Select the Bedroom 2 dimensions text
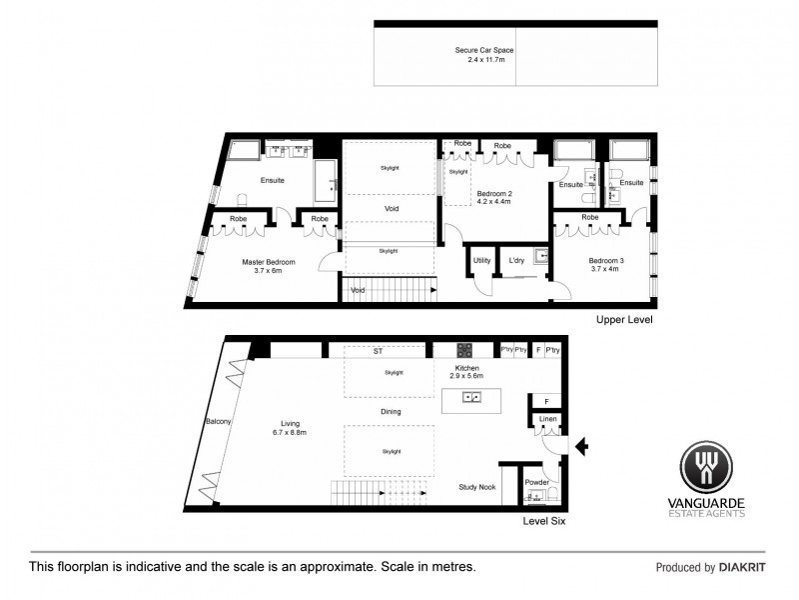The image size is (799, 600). click(x=493, y=201)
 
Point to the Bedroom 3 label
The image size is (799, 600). click(x=606, y=261)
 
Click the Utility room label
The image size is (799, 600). click(x=481, y=261)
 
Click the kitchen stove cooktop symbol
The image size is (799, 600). click(x=464, y=350)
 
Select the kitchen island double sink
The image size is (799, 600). click(x=468, y=397)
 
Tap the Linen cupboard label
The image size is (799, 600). click(x=547, y=419)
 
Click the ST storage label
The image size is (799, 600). click(x=378, y=352)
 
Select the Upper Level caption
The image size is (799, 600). click(x=624, y=320)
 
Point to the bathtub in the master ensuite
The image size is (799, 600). click(x=326, y=181)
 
